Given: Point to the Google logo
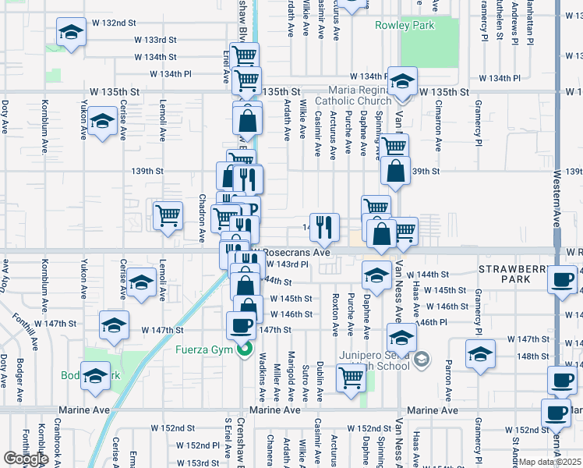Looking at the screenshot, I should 25,459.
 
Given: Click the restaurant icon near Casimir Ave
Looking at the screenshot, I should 325,227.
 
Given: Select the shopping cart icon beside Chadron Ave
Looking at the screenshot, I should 168,214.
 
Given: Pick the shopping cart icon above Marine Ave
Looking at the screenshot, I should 351,378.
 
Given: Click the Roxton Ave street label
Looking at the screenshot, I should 335,314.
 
